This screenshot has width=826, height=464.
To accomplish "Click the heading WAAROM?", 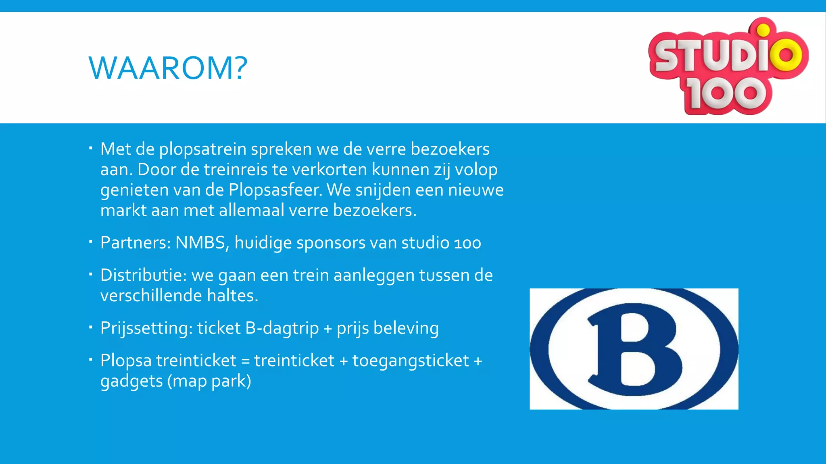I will coord(168,68).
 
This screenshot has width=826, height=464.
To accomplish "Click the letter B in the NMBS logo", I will coord(633,349).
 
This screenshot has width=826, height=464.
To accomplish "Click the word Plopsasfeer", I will coord(275,190).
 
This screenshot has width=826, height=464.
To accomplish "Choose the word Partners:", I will coord(136,242).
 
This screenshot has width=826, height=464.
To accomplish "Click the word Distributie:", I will coord(143,275).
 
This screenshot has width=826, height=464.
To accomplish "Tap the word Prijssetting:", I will coord(146,328).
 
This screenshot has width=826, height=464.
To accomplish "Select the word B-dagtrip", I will coord(282,328).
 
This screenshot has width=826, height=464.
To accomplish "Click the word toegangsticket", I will coord(411,361).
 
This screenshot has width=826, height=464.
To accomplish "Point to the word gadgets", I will coord(131,381).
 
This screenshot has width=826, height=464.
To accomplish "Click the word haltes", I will coord(232,296).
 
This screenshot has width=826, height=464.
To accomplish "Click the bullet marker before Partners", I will coord(91,242).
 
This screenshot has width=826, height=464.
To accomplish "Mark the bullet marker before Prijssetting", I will coord(91,327).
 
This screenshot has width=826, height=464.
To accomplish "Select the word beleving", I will coord(406,328).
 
